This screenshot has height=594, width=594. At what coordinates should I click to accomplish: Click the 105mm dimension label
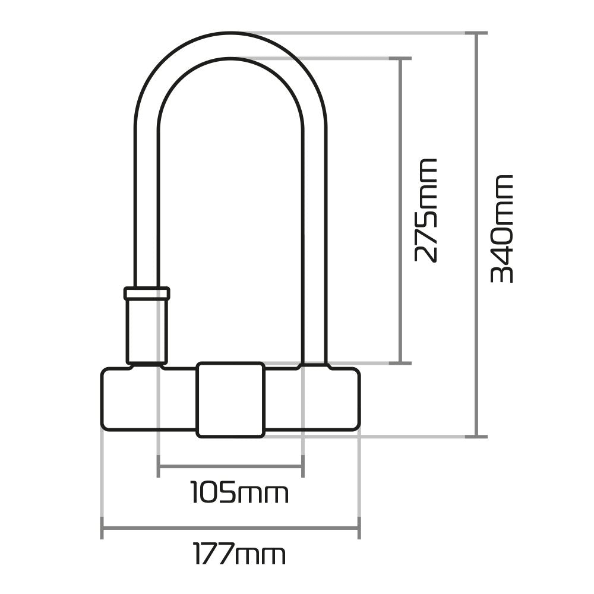click(x=239, y=492)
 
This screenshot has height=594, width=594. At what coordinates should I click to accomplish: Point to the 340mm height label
click(x=502, y=228)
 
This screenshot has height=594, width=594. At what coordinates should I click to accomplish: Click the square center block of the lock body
click(x=230, y=399)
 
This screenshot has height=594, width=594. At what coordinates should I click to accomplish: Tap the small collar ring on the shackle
click(x=147, y=293)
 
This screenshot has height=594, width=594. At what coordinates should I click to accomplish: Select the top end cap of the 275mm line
click(x=403, y=59)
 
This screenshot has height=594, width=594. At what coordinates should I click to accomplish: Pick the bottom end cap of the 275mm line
click(x=403, y=362)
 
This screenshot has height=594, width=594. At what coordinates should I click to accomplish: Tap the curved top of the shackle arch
click(x=230, y=45)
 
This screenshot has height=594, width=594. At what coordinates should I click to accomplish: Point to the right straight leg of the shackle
click(x=315, y=238)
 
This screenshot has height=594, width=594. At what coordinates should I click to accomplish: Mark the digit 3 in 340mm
click(x=502, y=272)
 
